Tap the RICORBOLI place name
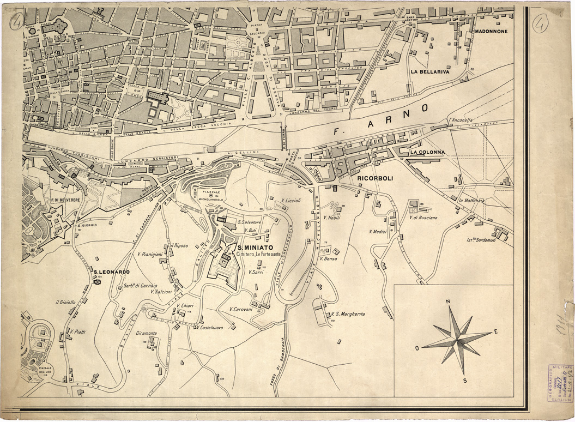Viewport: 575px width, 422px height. pos(376,178)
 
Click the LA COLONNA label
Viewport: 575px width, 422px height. pos(428,152)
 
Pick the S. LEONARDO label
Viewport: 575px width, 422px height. pos(111,272)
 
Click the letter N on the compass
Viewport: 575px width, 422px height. pos(447,301)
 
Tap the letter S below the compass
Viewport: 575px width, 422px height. pos(465,380)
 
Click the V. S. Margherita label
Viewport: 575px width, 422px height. pos(348,314)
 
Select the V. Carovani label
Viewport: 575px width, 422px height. pos(240,309)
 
